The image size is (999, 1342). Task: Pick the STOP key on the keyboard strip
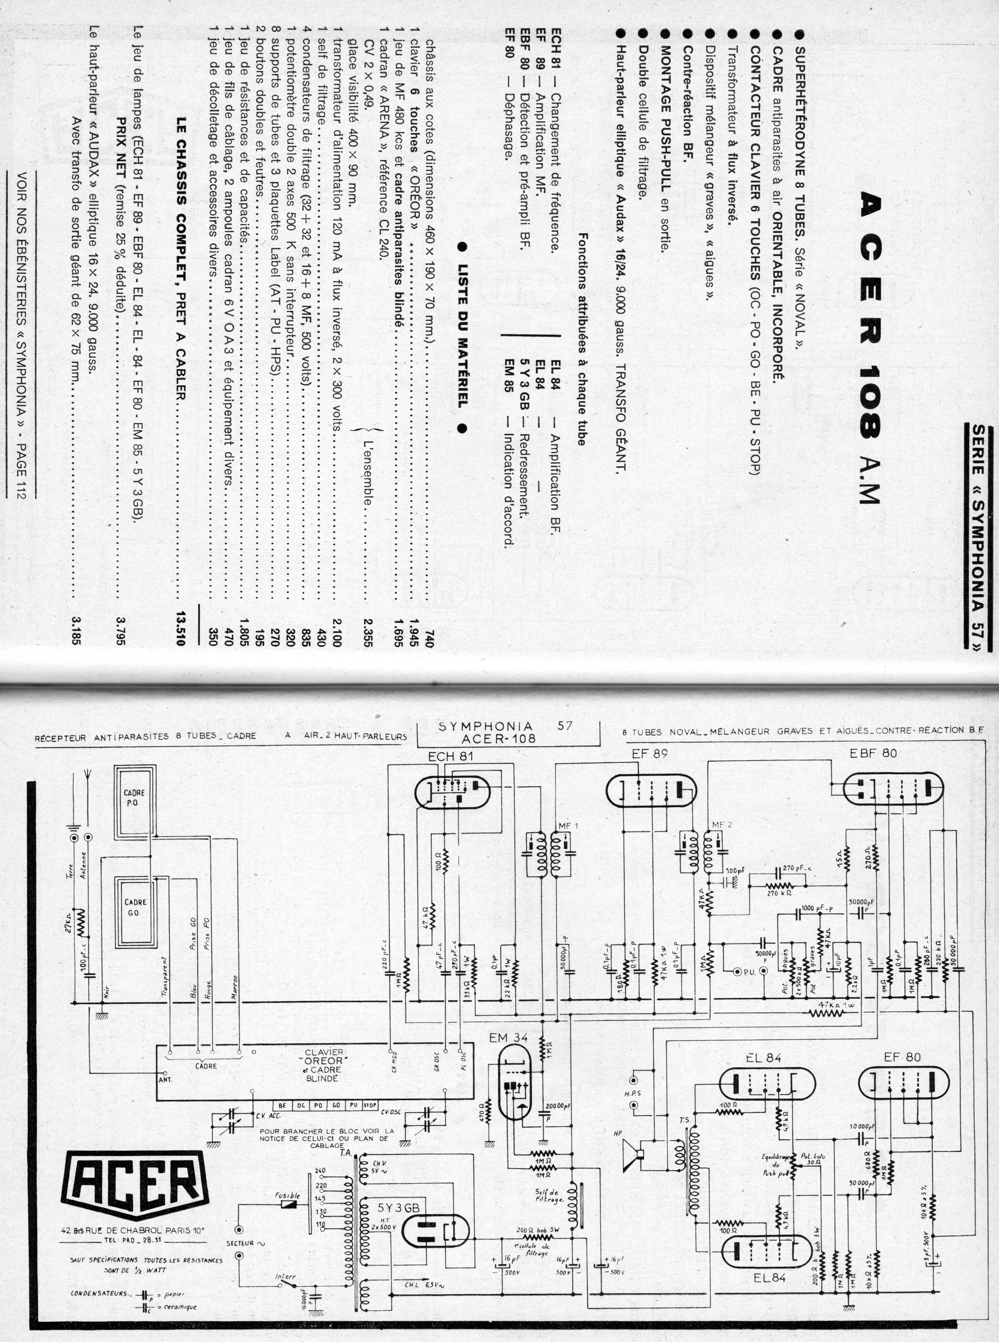[x=370, y=1105]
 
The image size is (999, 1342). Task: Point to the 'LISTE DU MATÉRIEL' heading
[x=464, y=339]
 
